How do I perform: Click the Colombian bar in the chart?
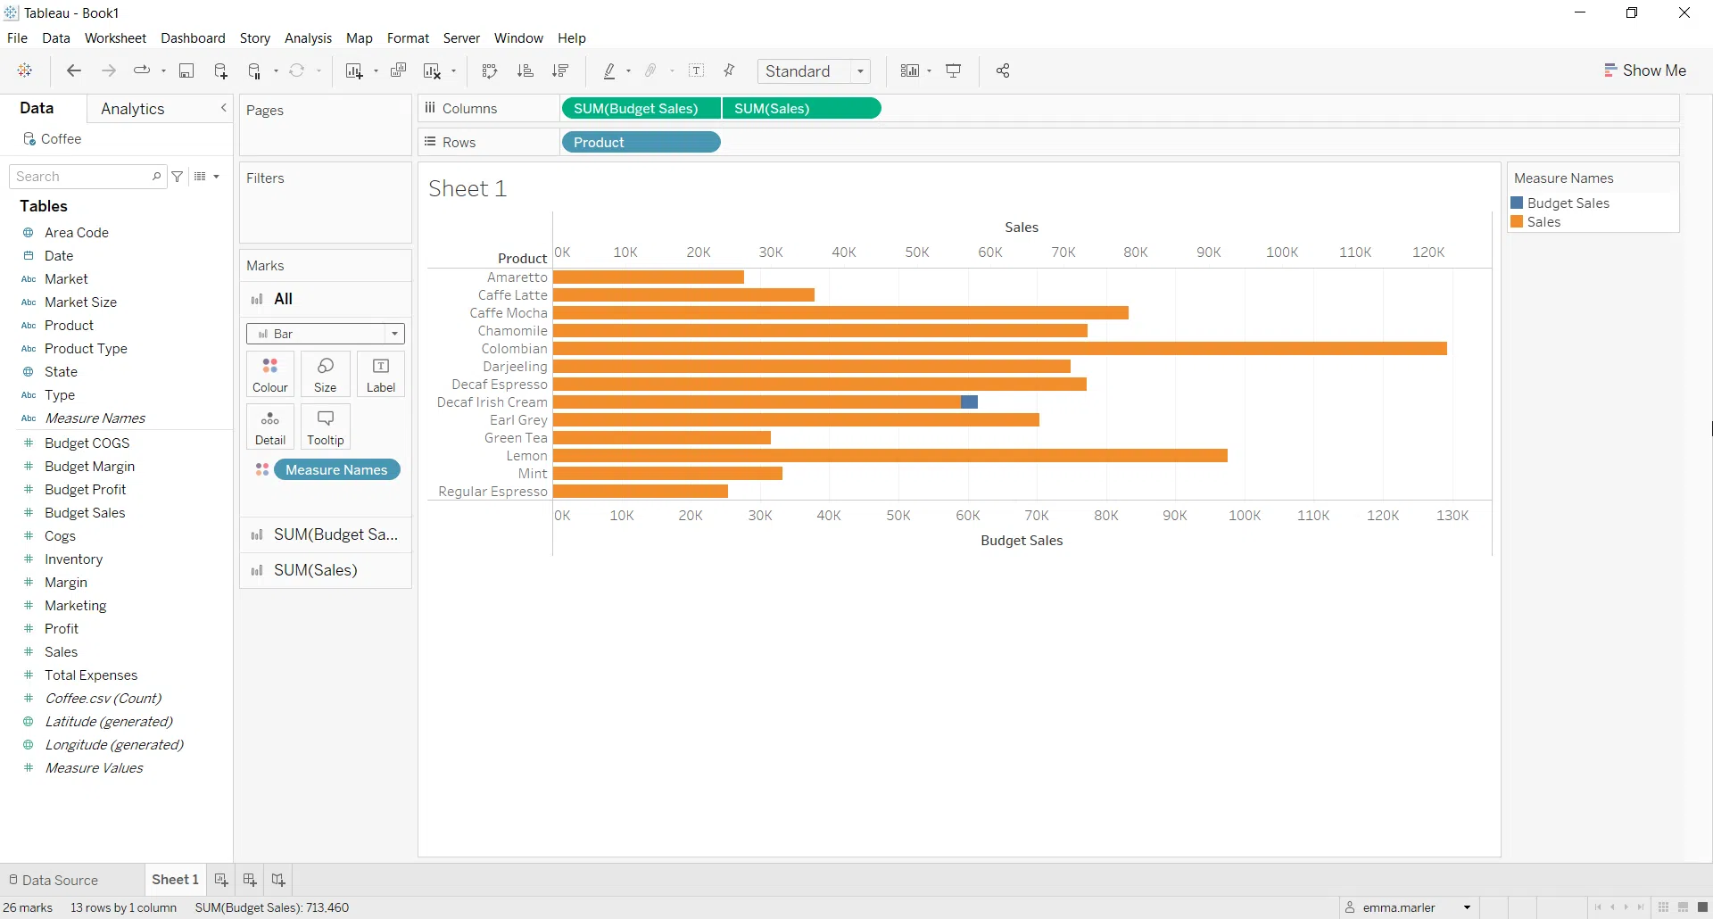(999, 349)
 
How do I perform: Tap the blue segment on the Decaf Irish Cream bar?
(969, 402)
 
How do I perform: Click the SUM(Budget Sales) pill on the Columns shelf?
(636, 109)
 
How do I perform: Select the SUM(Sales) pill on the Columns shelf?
(773, 109)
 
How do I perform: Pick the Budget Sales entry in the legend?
(1568, 203)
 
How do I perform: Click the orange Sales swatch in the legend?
(1517, 222)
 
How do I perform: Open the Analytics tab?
(133, 109)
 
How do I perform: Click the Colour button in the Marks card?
(270, 374)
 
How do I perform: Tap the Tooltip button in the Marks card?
(326, 426)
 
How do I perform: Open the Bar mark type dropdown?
(326, 334)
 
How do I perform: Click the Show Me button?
(1645, 70)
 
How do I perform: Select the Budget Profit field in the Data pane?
(86, 490)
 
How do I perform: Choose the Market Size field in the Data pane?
(81, 302)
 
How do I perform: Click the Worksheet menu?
(115, 38)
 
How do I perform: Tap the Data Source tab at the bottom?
(60, 880)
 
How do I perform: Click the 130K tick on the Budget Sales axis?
(1452, 516)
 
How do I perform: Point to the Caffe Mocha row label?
(509, 313)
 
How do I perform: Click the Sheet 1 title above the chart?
(468, 189)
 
